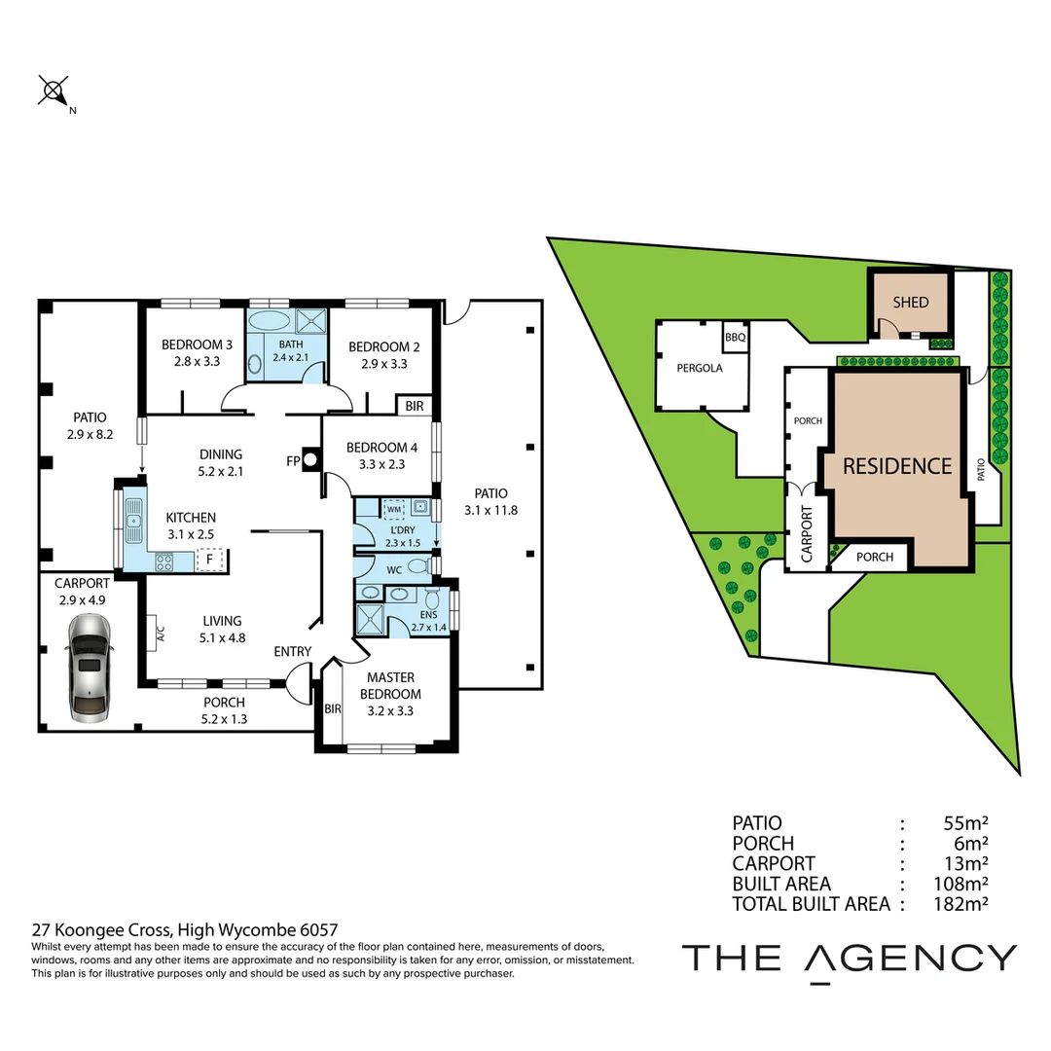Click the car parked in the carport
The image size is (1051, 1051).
(x=89, y=674)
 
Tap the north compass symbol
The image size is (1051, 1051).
(x=52, y=91)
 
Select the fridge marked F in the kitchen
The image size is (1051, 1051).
(x=209, y=560)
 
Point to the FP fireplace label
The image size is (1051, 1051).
(x=292, y=461)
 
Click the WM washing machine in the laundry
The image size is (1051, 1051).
(x=394, y=508)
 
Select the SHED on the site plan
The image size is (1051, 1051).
(x=911, y=302)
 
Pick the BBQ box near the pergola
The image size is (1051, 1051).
(x=735, y=338)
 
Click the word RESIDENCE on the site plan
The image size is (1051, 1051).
(x=896, y=466)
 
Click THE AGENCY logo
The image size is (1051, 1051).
(x=849, y=958)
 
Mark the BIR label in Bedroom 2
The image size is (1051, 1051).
(x=414, y=406)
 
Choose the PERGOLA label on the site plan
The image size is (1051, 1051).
(x=699, y=368)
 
